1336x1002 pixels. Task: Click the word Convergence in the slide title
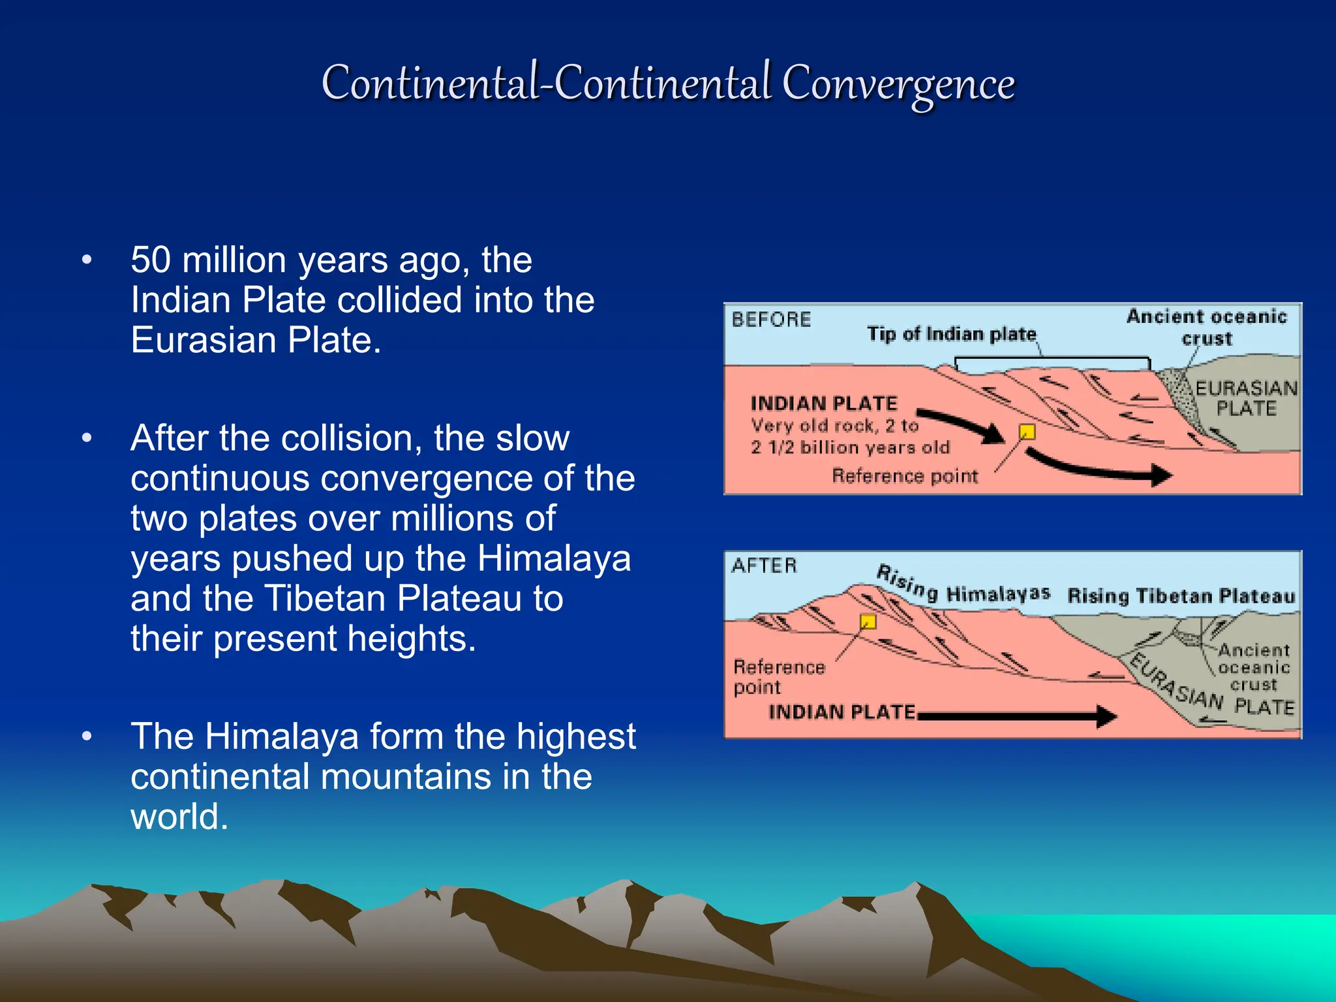tap(898, 83)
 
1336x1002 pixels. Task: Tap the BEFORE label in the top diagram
tap(770, 320)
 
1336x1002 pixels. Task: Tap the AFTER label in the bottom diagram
tap(764, 565)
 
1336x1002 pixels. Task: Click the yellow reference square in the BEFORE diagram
tap(1027, 432)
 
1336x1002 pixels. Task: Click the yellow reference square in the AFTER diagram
tap(868, 621)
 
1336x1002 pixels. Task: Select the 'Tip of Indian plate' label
tap(951, 334)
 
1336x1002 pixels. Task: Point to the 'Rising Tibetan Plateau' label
tap(1181, 596)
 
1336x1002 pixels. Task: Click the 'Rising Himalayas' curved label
tap(962, 587)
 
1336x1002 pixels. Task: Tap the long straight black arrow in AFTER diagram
tap(1018, 716)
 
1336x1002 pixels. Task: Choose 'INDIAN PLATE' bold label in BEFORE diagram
tap(824, 403)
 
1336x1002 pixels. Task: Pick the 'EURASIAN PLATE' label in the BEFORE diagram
tap(1246, 398)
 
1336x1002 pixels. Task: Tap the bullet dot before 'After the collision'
tap(87, 438)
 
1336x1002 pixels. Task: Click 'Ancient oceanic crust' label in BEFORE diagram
tap(1206, 327)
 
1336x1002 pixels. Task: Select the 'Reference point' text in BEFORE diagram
tap(905, 476)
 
